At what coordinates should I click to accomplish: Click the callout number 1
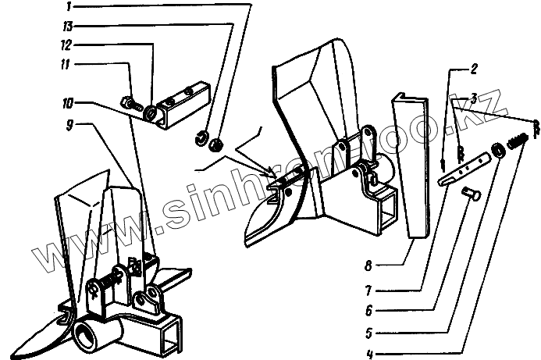point(68,6)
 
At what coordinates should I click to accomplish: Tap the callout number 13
point(68,25)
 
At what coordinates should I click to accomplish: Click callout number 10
point(68,102)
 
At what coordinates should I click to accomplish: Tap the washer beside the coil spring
point(497,149)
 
